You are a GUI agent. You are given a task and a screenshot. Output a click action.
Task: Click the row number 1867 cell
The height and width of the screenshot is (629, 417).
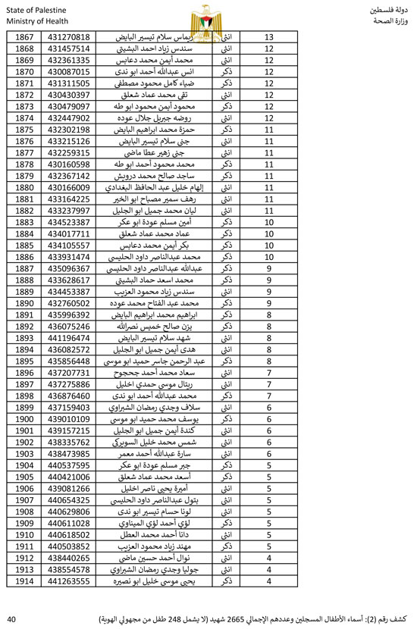click(x=25, y=37)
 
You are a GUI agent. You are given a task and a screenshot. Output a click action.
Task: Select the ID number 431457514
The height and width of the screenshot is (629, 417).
click(x=69, y=49)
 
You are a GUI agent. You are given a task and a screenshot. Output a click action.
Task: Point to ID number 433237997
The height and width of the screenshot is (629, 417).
click(x=69, y=210)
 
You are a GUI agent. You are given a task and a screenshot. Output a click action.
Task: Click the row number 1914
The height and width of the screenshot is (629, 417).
click(x=25, y=580)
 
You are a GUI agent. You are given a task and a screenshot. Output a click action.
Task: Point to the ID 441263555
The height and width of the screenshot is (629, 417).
click(x=69, y=580)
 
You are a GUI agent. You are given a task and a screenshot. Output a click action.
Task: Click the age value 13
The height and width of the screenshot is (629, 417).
click(x=268, y=37)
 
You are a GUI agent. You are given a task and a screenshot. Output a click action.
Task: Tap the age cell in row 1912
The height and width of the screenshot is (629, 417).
click(x=268, y=557)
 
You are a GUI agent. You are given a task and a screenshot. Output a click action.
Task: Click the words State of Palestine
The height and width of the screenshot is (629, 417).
click(x=33, y=8)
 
